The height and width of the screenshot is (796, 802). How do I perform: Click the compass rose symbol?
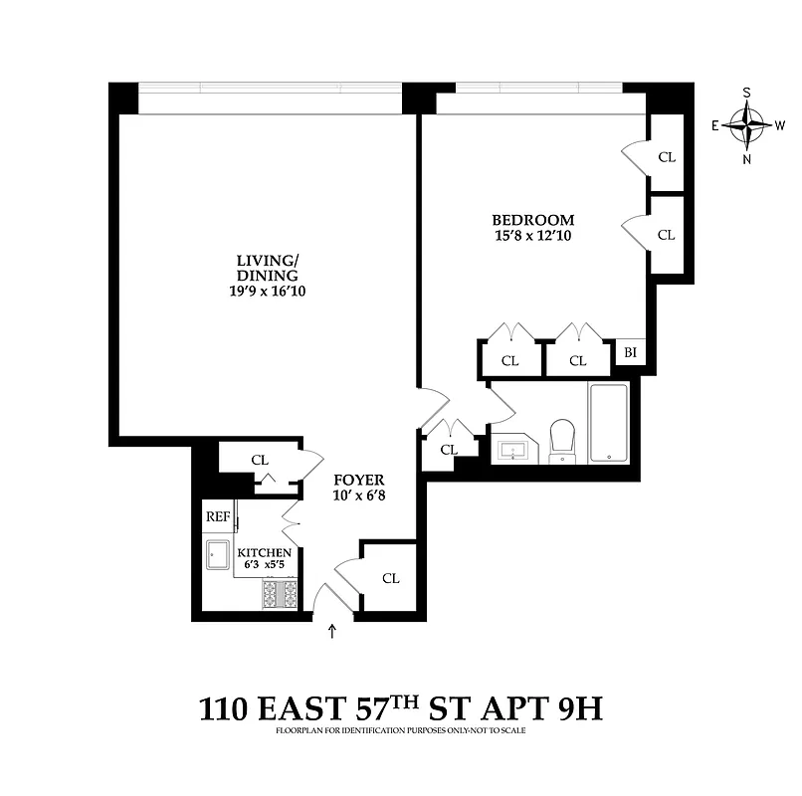[747, 125]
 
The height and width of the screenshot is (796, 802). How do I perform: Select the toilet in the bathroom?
[563, 440]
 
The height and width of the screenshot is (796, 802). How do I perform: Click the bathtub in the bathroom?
[608, 423]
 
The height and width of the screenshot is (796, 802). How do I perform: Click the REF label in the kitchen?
[217, 516]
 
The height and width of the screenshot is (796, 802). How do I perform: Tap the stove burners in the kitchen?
[281, 593]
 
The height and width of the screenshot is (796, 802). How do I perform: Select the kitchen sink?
[217, 555]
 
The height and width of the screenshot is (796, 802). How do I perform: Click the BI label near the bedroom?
[630, 352]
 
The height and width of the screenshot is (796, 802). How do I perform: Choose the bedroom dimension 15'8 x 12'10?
[533, 237]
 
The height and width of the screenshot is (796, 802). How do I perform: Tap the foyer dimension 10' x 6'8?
[358, 495]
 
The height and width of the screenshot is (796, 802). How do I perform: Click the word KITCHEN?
[265, 552]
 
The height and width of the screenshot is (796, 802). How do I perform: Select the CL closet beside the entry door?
[390, 578]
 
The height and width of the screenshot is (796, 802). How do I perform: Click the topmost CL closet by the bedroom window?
[667, 156]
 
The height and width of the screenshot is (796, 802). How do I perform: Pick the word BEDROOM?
[533, 220]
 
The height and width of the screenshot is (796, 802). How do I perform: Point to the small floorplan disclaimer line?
[400, 731]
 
